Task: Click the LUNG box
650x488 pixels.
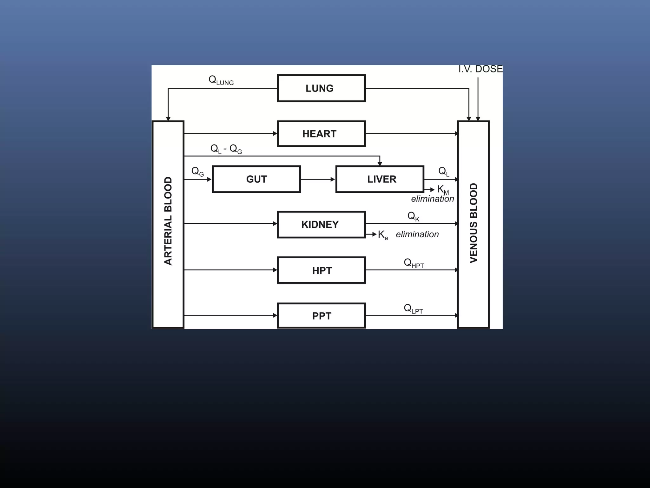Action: (321, 88)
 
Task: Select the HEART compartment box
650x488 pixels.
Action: (321, 134)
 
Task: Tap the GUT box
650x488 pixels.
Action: (256, 179)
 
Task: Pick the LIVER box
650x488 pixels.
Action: (380, 179)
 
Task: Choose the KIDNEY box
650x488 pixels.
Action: (321, 225)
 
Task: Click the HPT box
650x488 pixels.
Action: (321, 270)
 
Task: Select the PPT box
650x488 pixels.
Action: (321, 316)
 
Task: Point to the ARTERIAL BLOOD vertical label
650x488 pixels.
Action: (168, 221)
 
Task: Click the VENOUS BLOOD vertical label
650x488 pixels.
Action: (473, 223)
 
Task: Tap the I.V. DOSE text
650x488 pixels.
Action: (481, 69)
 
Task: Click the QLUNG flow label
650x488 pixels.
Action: (221, 80)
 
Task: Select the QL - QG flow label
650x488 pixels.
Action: (226, 149)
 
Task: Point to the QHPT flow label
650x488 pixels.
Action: (414, 263)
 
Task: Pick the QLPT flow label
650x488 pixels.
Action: (413, 309)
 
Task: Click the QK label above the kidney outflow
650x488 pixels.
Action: (413, 217)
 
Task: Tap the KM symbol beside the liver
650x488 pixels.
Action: (443, 190)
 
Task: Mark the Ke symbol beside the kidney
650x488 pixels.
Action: (383, 235)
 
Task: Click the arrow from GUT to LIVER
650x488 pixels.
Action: (318, 180)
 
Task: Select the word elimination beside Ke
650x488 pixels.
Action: (417, 234)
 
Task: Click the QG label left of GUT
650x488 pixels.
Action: (197, 172)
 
